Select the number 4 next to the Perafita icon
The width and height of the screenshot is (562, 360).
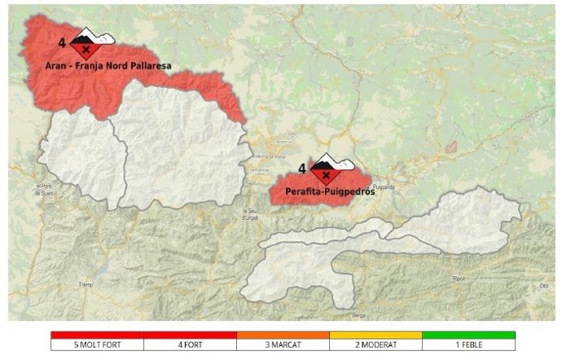pyautogui.click(x=302, y=169)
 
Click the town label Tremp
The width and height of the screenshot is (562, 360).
pyautogui.click(x=83, y=285)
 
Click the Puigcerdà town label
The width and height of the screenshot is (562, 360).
pyautogui.click(x=406, y=186)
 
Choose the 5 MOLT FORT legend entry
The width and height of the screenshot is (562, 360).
pyautogui.click(x=97, y=345)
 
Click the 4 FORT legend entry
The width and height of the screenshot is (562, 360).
pyautogui.click(x=190, y=345)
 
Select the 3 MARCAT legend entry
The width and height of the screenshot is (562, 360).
pyautogui.click(x=283, y=345)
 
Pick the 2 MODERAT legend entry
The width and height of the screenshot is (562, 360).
pyautogui.click(x=375, y=345)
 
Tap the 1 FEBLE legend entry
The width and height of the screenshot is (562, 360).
pyautogui.click(x=469, y=345)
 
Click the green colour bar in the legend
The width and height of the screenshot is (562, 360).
pyautogui.click(x=469, y=335)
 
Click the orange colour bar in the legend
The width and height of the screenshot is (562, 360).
pyautogui.click(x=283, y=335)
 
